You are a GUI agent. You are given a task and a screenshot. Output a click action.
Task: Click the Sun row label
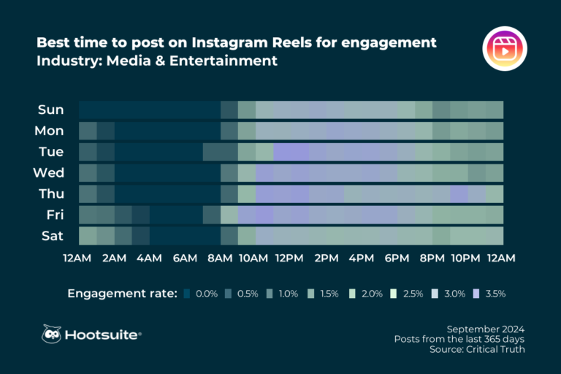coord(51,110)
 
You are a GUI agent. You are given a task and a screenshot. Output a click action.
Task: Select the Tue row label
coord(51,152)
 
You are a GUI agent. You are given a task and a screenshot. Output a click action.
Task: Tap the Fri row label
coord(53,215)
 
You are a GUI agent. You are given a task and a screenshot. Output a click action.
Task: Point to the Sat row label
coord(52,236)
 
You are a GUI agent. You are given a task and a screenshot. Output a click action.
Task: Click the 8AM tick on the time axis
coord(220,258)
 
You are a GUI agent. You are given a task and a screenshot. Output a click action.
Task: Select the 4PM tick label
coord(362,258)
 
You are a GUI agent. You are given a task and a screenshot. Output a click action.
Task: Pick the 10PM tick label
coord(465,258)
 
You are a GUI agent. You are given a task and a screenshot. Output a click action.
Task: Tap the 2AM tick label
coord(114,258)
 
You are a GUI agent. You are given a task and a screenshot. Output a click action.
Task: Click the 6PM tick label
coord(397,258)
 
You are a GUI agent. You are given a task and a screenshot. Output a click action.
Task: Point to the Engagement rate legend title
coord(122,294)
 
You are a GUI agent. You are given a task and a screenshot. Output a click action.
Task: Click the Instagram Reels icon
coord(505,50)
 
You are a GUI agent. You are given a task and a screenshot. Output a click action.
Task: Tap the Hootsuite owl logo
coord(51,334)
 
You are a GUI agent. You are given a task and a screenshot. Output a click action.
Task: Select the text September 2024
coord(485,329)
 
